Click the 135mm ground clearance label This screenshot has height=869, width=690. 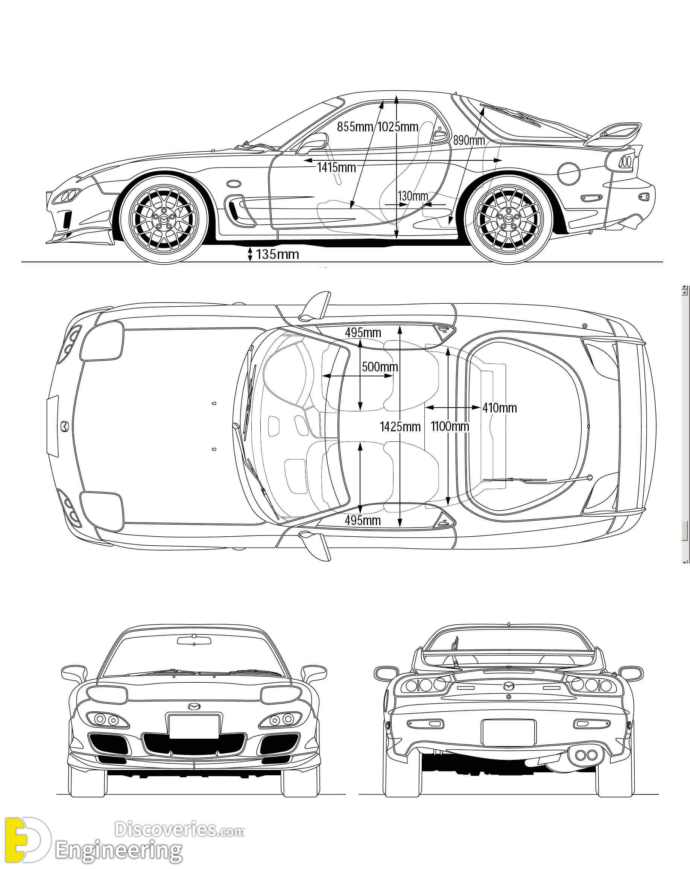click(277, 254)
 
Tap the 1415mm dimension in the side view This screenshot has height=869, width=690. click(336, 167)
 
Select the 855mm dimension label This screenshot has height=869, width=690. click(355, 126)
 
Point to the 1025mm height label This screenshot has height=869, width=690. click(398, 126)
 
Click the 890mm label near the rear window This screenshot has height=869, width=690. click(469, 140)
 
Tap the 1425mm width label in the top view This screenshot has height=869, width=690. click(400, 426)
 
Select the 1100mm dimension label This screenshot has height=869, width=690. click(450, 426)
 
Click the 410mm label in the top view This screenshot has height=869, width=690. click(500, 408)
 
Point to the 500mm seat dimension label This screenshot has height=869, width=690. click(380, 367)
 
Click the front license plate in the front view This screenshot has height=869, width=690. click(194, 726)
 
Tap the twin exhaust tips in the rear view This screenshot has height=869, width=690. click(586, 755)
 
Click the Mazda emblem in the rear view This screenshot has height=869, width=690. click(509, 686)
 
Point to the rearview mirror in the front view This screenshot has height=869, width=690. click(194, 640)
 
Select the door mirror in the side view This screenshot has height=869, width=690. click(312, 143)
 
